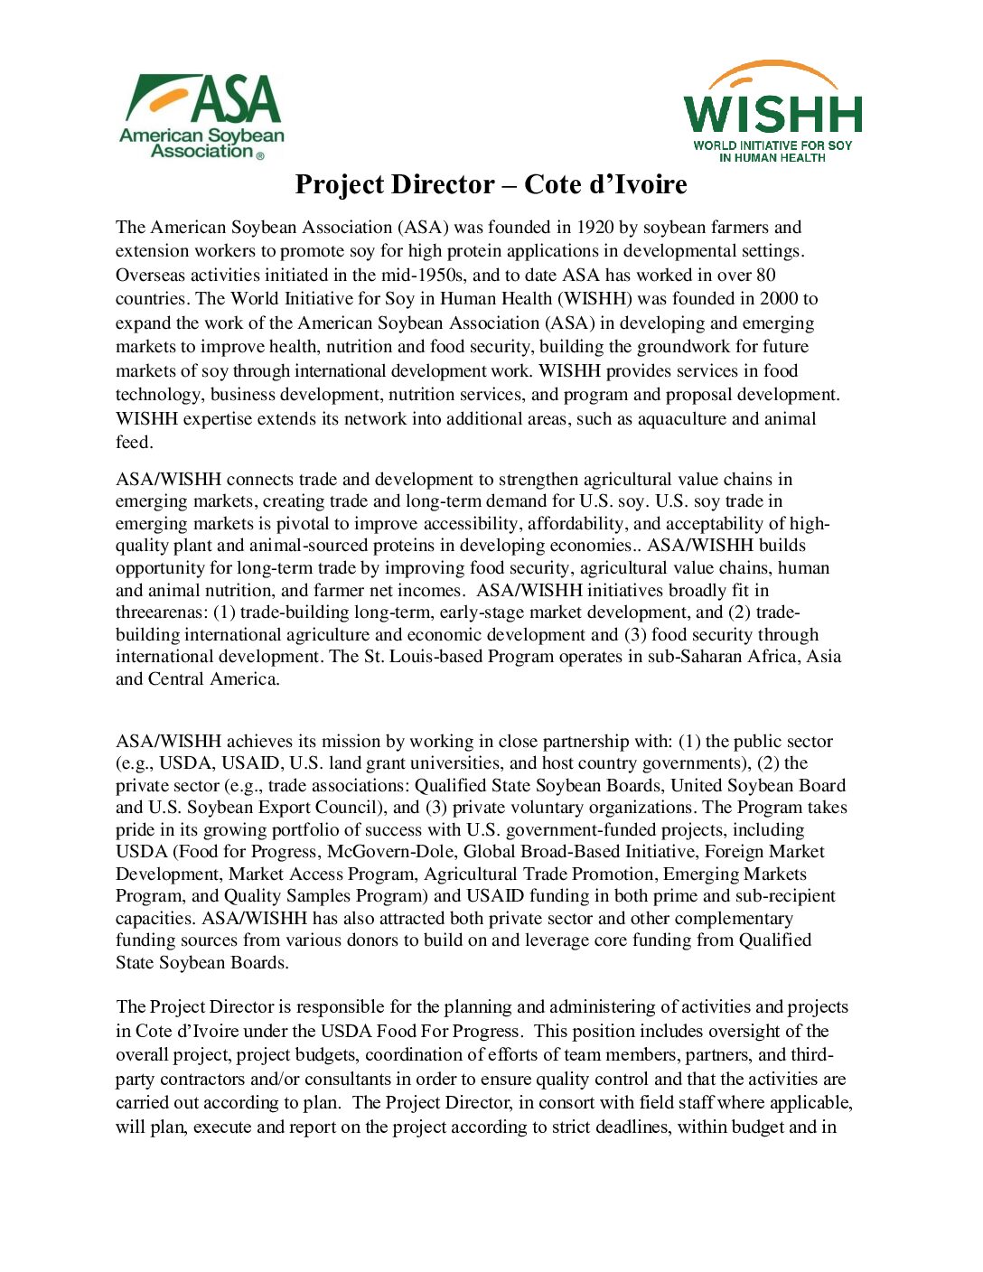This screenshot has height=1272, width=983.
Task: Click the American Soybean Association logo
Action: coord(201,116)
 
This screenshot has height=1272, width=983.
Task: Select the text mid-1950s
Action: coord(417,276)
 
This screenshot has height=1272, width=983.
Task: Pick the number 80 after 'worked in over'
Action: coord(764,276)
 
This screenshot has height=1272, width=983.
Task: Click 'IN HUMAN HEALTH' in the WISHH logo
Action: coord(772,158)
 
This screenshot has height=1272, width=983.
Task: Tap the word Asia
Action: coord(823,657)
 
